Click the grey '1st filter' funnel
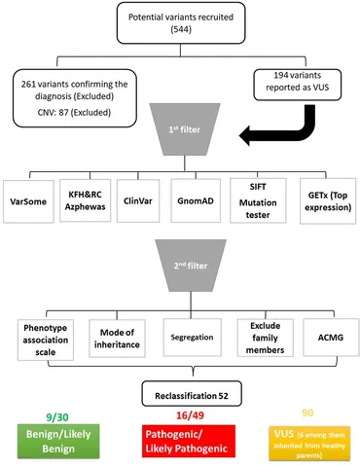179,145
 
